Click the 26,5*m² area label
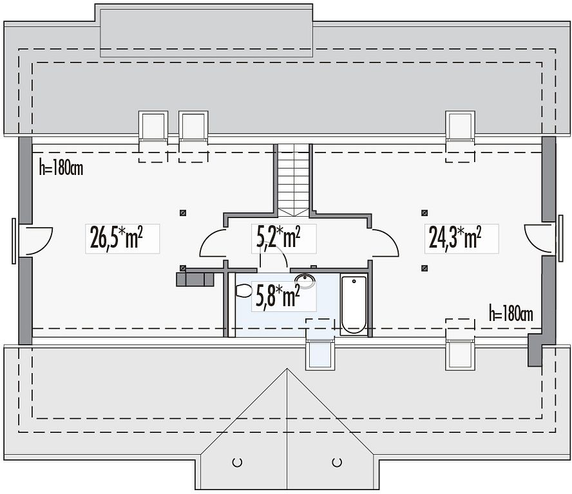click(116, 237)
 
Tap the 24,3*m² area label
click(455, 237)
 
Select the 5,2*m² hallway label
click(278, 237)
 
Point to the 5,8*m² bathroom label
click(278, 296)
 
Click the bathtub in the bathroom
click(354, 305)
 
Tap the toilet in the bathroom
click(243, 291)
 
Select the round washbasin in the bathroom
click(305, 280)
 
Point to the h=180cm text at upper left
click(61, 169)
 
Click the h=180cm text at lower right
click(511, 314)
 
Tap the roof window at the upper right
click(461, 125)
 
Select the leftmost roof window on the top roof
click(153, 125)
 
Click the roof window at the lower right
click(461, 354)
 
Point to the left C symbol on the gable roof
click(237, 462)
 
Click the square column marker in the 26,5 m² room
click(183, 213)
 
